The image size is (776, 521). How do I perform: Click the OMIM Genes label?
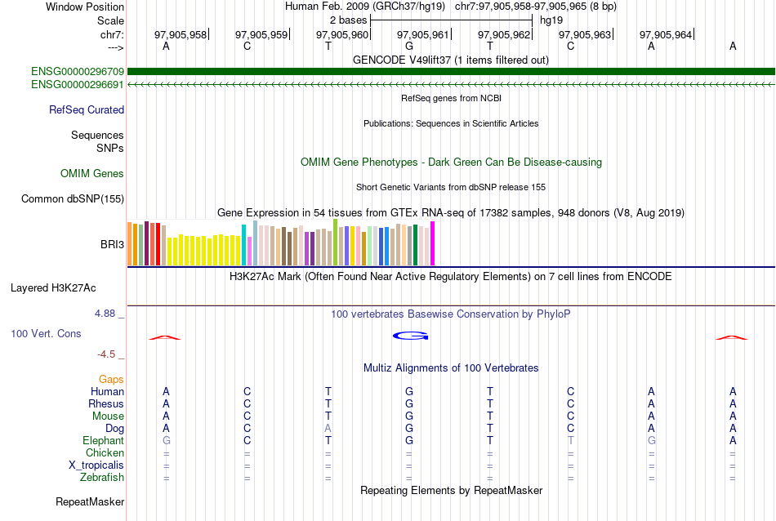point(92,173)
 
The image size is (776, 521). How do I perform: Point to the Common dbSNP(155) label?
point(73,198)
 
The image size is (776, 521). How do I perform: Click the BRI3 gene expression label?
point(112,244)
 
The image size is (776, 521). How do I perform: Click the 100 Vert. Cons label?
point(46,333)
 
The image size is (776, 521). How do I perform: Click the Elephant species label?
point(103,440)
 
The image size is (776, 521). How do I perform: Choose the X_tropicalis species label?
point(96,465)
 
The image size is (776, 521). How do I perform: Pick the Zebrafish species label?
point(100,477)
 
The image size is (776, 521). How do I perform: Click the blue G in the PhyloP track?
point(410,336)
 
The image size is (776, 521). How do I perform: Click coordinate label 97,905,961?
point(423,34)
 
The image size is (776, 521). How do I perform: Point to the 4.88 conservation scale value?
point(106,313)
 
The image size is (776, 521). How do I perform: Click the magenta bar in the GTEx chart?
point(433,243)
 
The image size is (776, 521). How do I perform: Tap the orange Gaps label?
point(111,379)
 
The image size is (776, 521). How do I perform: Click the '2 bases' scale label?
point(348,20)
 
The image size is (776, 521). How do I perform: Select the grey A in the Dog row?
point(328,428)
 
